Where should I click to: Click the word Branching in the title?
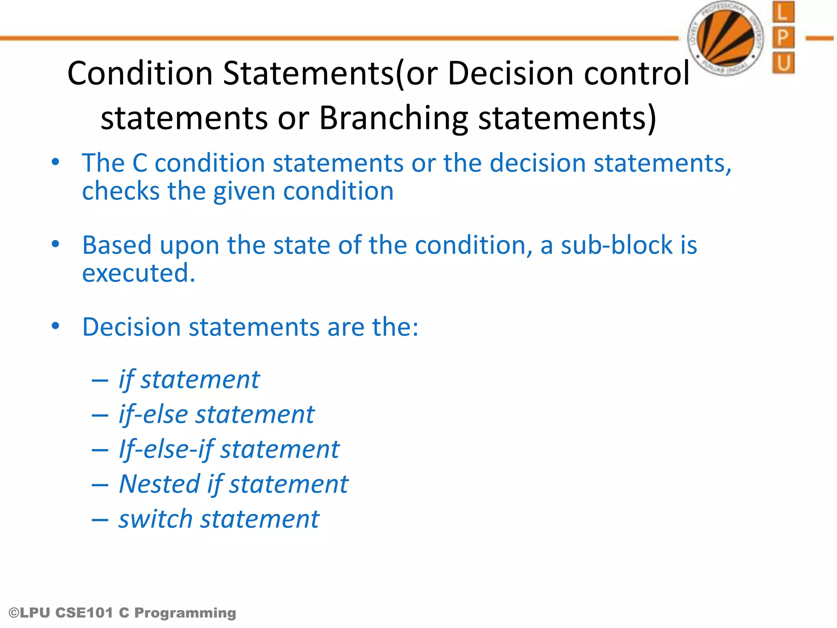(x=393, y=119)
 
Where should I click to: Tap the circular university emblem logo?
(x=726, y=38)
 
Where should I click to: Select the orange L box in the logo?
(x=783, y=12)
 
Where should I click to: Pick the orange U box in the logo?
(x=783, y=63)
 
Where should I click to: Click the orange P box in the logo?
(x=783, y=38)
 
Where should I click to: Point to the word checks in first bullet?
(x=121, y=191)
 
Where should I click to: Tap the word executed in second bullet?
(x=138, y=273)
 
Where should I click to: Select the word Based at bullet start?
(x=117, y=245)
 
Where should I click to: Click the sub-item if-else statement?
(x=217, y=415)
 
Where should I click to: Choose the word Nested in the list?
(x=159, y=484)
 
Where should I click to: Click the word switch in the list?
(x=155, y=519)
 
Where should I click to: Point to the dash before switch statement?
(x=100, y=520)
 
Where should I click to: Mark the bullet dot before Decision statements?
(x=56, y=326)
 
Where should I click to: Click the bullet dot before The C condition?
(x=56, y=162)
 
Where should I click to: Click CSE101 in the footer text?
(x=84, y=613)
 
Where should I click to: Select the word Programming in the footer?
(x=185, y=613)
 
